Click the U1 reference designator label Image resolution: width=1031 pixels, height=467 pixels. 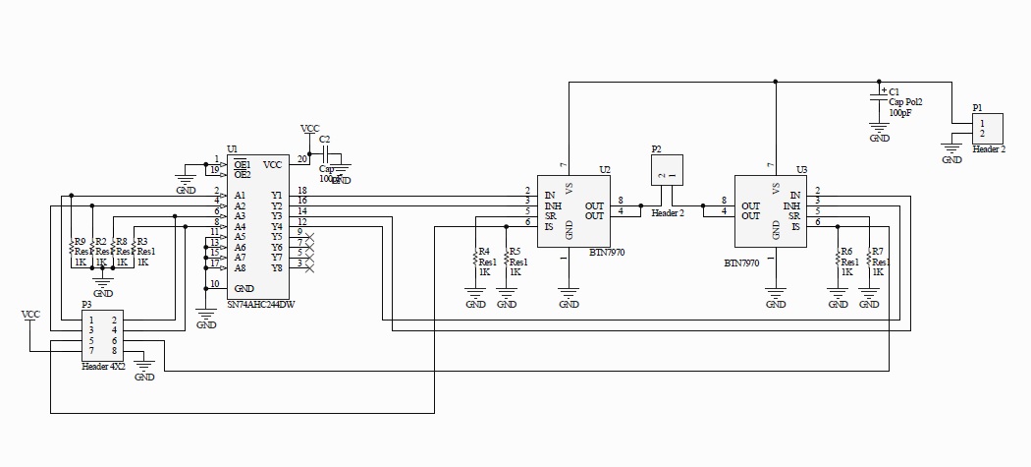click(x=232, y=148)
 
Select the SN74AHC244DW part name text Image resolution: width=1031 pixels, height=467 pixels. click(x=261, y=305)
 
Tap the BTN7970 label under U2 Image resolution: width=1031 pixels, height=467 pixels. click(x=606, y=253)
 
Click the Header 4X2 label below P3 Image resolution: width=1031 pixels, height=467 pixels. click(x=103, y=366)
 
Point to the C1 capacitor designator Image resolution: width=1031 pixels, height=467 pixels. click(x=894, y=90)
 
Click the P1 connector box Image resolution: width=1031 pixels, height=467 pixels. click(x=986, y=129)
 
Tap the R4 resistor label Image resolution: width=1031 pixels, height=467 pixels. click(x=484, y=251)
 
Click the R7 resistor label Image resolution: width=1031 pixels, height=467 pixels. click(x=878, y=251)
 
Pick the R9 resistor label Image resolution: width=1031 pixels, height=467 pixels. click(x=80, y=241)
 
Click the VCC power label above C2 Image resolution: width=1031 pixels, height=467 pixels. click(x=309, y=129)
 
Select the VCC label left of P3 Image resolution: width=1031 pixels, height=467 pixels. click(x=31, y=315)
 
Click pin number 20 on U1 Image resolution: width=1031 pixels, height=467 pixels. click(x=302, y=159)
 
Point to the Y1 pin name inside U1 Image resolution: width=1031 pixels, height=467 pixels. click(x=276, y=195)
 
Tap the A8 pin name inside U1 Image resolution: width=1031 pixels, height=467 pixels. click(x=240, y=267)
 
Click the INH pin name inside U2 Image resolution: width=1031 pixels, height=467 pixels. click(x=554, y=204)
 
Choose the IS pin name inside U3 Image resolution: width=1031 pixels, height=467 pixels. click(x=796, y=227)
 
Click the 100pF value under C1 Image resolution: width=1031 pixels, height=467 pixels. click(x=900, y=113)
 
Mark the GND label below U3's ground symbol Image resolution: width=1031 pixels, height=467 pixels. click(x=776, y=305)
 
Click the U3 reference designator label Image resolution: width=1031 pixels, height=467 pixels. click(x=801, y=169)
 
